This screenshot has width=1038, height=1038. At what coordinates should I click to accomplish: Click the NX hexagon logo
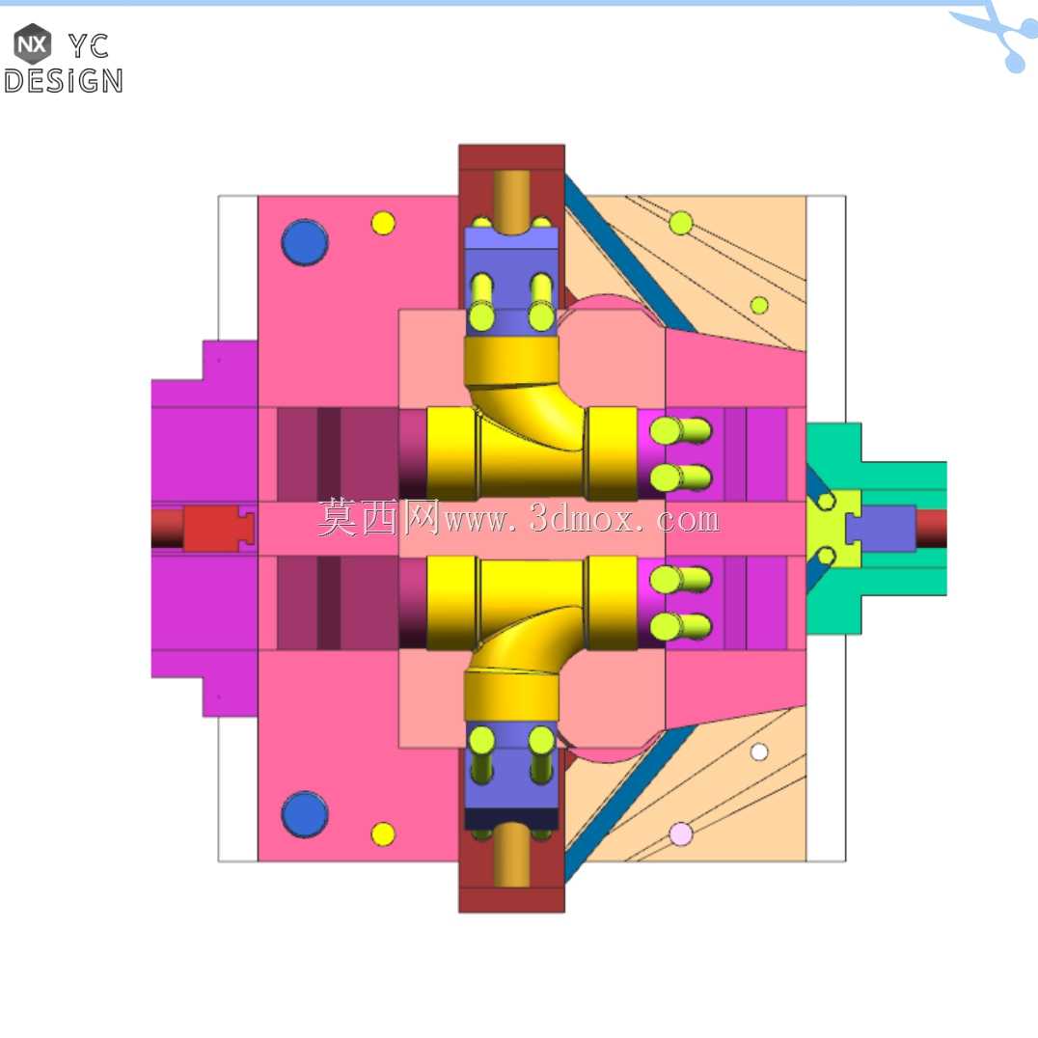click(x=33, y=43)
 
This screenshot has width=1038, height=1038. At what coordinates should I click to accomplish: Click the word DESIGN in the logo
click(x=64, y=81)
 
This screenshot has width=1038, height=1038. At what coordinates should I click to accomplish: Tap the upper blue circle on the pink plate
click(x=305, y=242)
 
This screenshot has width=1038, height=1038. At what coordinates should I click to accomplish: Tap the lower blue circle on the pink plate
click(x=305, y=814)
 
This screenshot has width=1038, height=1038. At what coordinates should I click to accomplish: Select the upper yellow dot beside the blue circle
click(x=383, y=223)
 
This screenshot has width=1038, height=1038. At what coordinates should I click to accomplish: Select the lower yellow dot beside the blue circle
click(x=383, y=834)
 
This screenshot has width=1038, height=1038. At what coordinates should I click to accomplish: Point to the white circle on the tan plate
click(x=759, y=752)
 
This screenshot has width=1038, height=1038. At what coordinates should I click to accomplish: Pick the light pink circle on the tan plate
click(x=680, y=834)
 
